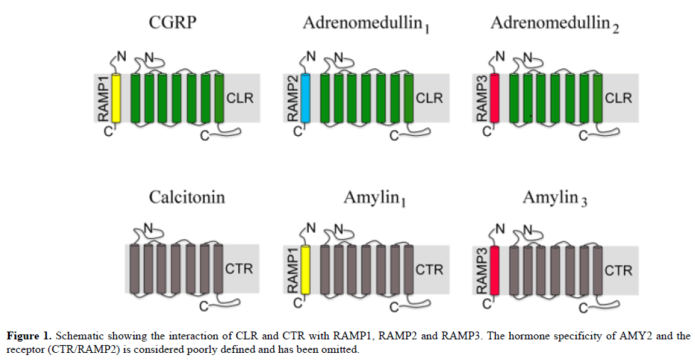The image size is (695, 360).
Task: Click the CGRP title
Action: (173, 22)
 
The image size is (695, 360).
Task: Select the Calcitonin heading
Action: (186, 196)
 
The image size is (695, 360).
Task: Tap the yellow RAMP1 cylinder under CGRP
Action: (117, 97)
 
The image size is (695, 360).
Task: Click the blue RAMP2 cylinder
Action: (307, 97)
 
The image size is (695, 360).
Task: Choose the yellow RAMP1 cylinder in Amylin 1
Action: (307, 269)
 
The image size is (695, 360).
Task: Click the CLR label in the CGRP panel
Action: (239, 97)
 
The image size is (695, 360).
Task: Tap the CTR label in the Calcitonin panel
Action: (239, 270)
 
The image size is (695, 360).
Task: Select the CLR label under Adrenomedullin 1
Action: (429, 97)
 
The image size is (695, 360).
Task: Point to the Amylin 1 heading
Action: (373, 198)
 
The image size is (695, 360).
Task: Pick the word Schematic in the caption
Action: (79, 334)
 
